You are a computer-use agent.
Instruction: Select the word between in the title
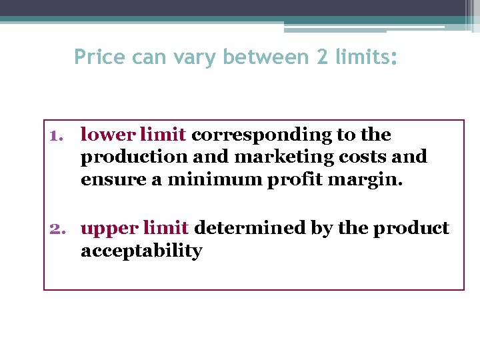[x=266, y=57]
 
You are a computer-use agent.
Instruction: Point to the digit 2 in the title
[x=322, y=57]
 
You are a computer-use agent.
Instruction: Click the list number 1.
[x=57, y=135]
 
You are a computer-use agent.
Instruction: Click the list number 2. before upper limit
[x=60, y=228]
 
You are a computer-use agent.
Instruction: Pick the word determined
[x=249, y=228]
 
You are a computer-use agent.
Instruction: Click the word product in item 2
[x=411, y=229]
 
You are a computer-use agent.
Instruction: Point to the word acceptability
[x=141, y=251]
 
